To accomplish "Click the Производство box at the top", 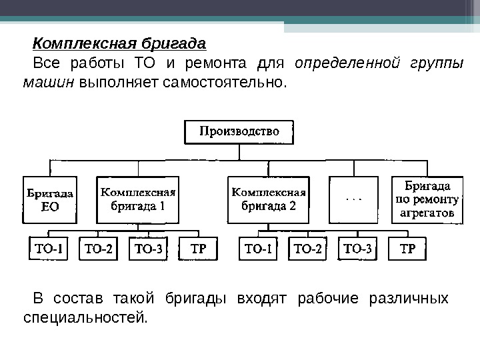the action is click(239, 131).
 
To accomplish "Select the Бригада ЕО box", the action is click(50, 200).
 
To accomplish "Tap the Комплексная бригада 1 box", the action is click(137, 199).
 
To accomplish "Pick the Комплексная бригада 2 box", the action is click(268, 199).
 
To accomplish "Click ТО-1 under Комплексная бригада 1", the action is click(48, 249).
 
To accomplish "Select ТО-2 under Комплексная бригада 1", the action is click(97, 249).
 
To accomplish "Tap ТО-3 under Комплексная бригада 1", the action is click(148, 249).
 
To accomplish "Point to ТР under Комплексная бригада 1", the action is click(198, 249).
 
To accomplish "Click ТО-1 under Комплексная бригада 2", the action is click(259, 249).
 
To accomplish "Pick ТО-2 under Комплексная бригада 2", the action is click(308, 249).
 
